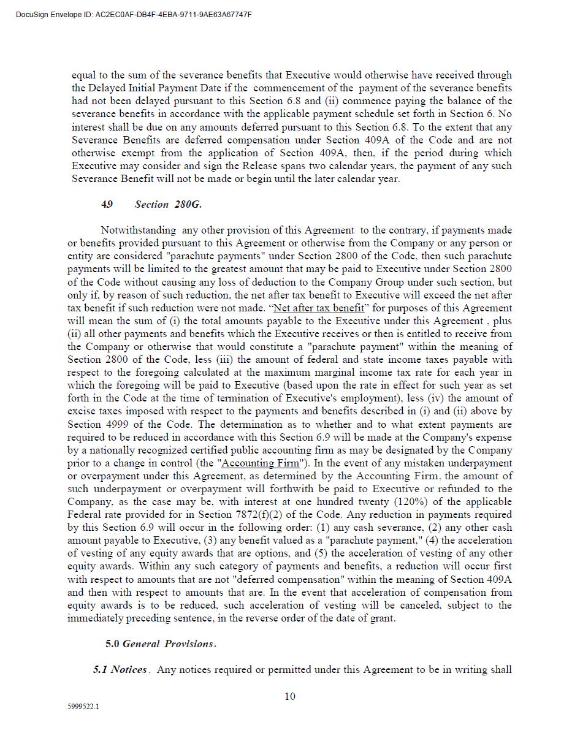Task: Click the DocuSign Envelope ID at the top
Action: coord(134,15)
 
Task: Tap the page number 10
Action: coord(290,696)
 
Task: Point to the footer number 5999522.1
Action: coord(83,707)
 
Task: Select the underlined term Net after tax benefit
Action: coord(318,308)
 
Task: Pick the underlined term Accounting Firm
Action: coord(261,463)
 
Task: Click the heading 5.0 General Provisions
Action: coord(161,644)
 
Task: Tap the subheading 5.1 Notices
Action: coord(120,669)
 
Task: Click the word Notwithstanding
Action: coord(138,230)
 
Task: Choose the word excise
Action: coord(81,412)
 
